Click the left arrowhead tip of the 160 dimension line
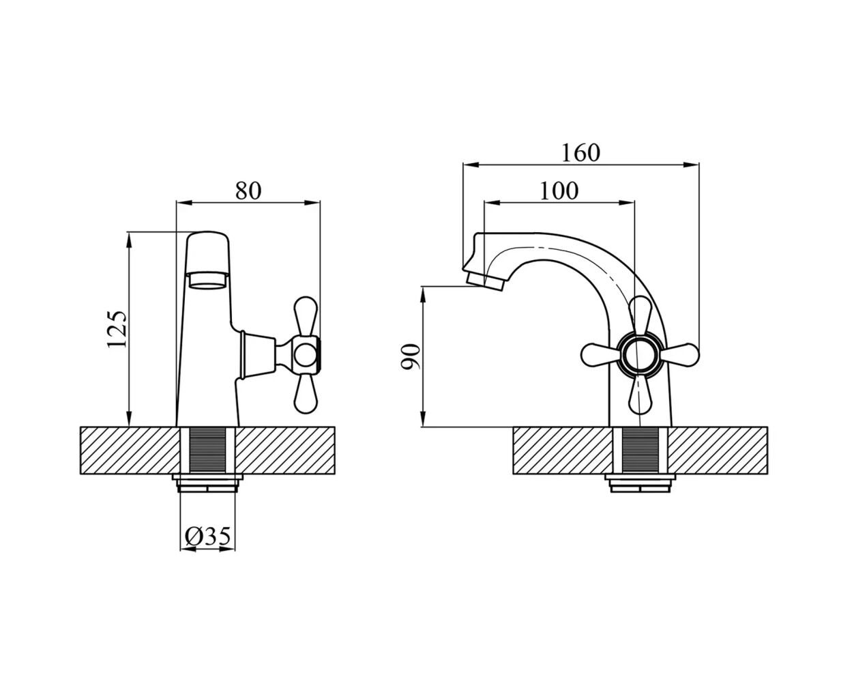tap(463, 165)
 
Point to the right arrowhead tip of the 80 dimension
tap(320, 202)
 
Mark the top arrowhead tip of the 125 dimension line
tap(129, 232)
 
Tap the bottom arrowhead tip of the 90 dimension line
tap(423, 427)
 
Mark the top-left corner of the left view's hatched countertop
tap(80, 427)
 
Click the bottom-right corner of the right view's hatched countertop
tap(767, 473)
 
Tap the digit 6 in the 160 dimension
tap(580, 153)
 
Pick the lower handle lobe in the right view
tap(640, 395)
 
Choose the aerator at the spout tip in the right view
tap(486, 281)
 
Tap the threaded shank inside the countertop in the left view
tap(207, 450)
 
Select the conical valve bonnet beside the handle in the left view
tap(259, 355)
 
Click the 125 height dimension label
tap(117, 329)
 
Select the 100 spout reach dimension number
tap(559, 190)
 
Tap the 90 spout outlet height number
tap(410, 356)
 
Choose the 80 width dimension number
tap(248, 190)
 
